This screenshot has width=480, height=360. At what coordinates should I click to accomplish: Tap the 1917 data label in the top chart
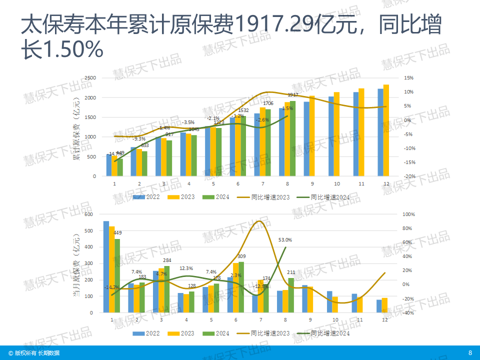coord(293,95)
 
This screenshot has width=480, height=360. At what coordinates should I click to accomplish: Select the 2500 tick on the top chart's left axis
coord(90,78)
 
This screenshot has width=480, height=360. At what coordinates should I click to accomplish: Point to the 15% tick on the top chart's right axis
coord(408,78)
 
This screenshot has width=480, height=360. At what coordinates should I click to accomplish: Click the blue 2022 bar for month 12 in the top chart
coord(380,132)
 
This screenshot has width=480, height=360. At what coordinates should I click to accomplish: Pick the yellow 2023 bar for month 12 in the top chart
coord(386,130)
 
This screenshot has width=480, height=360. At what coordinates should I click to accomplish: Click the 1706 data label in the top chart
coord(268,103)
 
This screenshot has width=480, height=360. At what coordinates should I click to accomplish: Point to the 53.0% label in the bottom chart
coord(285,240)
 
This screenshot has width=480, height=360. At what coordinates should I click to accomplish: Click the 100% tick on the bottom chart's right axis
coord(408,214)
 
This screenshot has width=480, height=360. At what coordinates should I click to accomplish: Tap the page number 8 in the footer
coord(469,352)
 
